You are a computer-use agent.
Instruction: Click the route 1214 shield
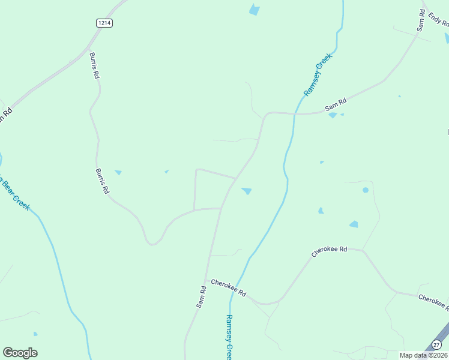tap(104, 23)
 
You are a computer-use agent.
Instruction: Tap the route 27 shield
tap(437, 344)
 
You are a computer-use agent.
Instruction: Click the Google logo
tap(20, 353)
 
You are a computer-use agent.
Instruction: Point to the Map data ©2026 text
tap(424, 355)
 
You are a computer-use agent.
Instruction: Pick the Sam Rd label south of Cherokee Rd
tap(202, 297)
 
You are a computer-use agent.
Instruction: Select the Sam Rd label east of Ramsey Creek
tap(336, 104)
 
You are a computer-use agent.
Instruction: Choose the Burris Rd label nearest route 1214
tap(94, 66)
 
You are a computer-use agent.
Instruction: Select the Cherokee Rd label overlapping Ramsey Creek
tap(229, 288)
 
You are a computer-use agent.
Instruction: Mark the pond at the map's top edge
tap(255, 10)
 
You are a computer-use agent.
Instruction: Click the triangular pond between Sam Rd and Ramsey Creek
tap(247, 191)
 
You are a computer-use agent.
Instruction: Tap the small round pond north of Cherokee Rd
tap(366, 190)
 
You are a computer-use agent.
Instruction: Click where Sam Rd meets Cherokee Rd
tap(206, 280)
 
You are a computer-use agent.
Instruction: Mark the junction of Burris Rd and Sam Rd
tap(221, 208)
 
